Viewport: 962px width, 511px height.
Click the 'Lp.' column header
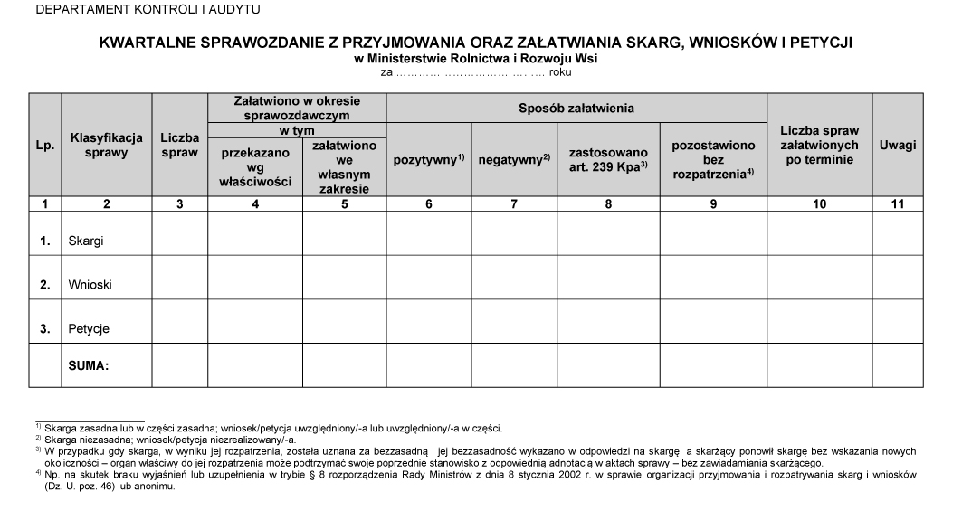(43, 146)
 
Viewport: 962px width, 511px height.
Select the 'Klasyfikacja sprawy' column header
(107, 146)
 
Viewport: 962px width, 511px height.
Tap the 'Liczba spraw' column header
(179, 146)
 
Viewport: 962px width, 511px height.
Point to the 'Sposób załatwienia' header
(576, 109)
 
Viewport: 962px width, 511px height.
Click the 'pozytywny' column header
(429, 160)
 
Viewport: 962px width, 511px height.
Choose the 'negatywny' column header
(513, 160)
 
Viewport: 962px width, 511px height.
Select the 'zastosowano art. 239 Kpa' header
(608, 160)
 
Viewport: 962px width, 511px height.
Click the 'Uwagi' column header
(898, 146)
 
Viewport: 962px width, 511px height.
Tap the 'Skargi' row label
(84, 241)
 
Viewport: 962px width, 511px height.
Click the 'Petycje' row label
(88, 329)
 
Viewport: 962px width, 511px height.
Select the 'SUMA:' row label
(89, 366)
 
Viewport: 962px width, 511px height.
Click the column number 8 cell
(608, 204)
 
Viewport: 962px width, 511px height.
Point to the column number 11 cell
(898, 204)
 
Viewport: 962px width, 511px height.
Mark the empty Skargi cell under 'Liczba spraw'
(179, 234)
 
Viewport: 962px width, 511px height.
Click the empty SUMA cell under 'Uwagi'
(898, 365)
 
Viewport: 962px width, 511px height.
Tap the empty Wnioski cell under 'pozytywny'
(429, 278)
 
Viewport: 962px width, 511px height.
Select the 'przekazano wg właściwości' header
(255, 167)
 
